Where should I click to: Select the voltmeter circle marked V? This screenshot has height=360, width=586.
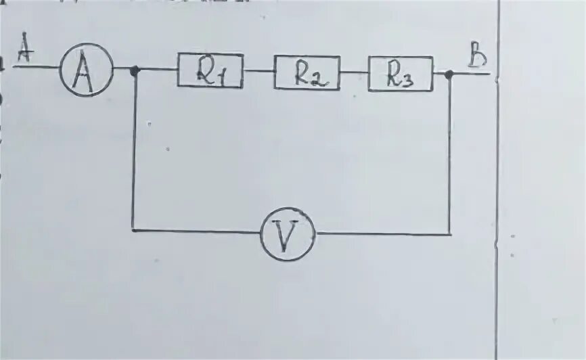pos(287,234)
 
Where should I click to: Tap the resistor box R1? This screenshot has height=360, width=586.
pos(210,70)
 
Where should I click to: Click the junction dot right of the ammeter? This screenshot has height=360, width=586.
pos(135,70)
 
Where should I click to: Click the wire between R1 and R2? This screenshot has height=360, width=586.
pos(258,70)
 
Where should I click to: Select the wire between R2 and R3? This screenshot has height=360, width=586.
pos(354,72)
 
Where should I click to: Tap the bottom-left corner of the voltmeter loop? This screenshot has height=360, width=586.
pos(133,231)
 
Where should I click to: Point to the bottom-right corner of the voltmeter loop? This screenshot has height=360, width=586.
pos(450,235)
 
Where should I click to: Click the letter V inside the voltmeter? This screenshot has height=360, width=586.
pos(287,235)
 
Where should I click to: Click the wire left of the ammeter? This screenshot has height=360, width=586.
pos(37,67)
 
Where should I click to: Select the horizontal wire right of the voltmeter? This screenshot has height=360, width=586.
pos(382,234)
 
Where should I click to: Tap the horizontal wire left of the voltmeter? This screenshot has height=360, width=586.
pos(196,231)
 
